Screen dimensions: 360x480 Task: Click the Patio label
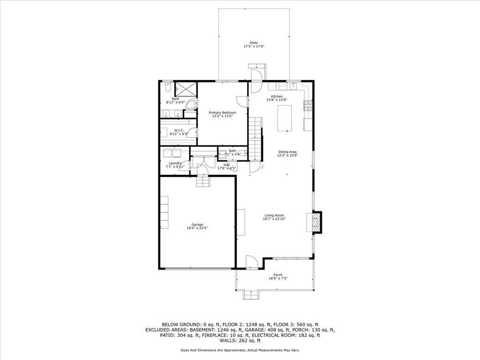coord(254,43)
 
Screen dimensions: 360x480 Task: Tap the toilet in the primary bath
coord(168,88)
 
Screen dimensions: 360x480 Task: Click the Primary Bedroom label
coord(222,112)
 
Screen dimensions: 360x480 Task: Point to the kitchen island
coord(285,118)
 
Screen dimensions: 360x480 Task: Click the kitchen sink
coord(294,86)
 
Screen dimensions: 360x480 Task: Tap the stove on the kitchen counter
coord(308,105)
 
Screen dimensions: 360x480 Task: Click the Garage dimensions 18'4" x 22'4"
coord(197,228)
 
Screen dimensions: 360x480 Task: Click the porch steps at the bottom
coord(251,295)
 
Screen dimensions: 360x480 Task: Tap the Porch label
coord(278,275)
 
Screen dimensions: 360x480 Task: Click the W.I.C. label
coord(178,130)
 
